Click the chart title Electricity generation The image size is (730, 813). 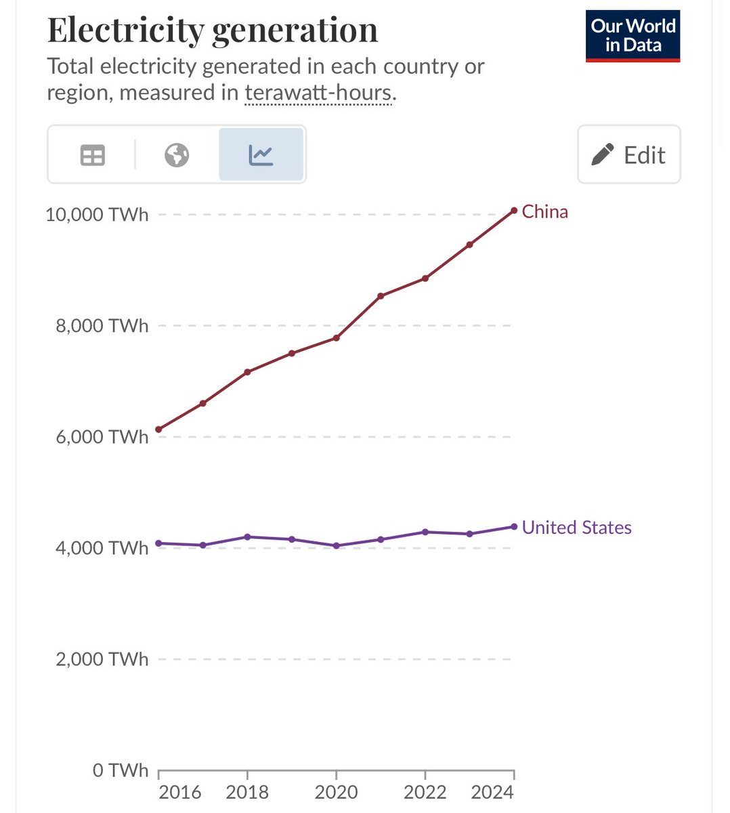point(212,30)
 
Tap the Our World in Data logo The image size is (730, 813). point(632,36)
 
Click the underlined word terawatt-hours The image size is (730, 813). point(318,93)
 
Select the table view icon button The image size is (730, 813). point(93,155)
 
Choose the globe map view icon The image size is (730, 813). point(177,155)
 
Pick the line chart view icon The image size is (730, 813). point(261,155)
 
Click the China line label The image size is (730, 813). point(544,212)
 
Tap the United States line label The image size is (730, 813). point(576,528)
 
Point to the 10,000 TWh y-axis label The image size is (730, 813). point(97,215)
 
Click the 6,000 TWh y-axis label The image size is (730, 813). point(102,437)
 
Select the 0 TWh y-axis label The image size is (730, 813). point(120,770)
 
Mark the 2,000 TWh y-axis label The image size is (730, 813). point(102,659)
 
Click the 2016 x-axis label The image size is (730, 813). point(179,792)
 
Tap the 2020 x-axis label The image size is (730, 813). point(336,792)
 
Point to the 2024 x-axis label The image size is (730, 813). point(492,792)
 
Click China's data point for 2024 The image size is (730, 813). point(514,211)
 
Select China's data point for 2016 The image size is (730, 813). point(158,430)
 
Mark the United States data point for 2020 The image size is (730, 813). point(337,545)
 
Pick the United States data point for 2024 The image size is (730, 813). point(514,526)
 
